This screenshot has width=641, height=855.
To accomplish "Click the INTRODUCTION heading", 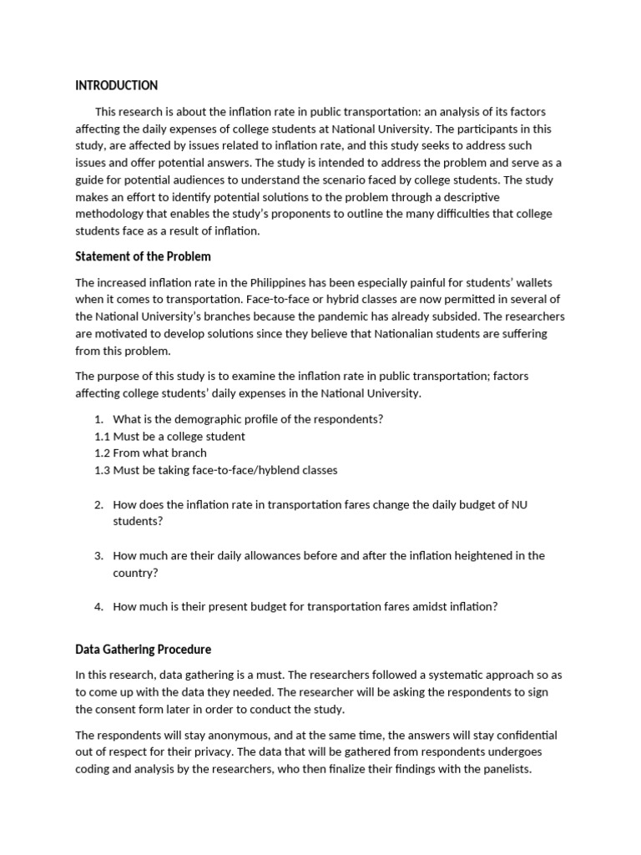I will pos(116,85).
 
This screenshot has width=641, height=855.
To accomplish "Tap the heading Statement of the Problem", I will pos(143,255).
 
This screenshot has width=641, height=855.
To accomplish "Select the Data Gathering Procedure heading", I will pos(143,649).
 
